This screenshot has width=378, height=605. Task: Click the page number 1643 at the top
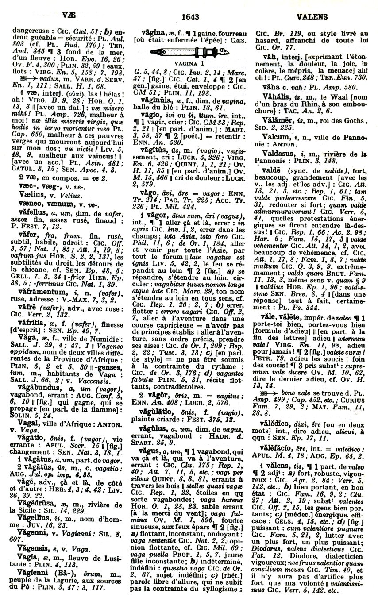[x=189, y=17]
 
